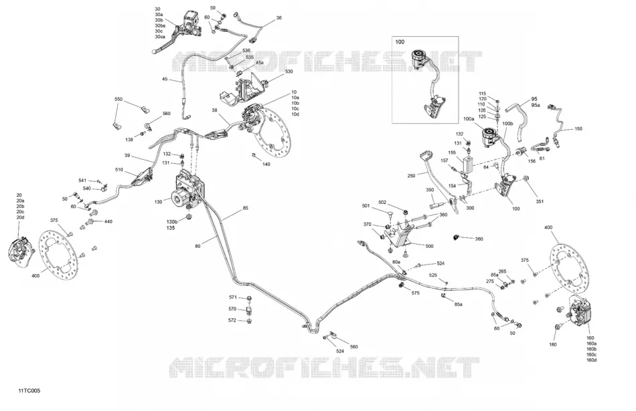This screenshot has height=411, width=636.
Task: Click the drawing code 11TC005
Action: [29, 391]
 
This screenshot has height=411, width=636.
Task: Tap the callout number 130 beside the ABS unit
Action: [158, 202]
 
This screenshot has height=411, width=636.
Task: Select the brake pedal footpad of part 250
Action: [426, 154]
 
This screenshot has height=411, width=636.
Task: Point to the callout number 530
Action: [289, 72]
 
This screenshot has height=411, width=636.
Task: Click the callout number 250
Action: [411, 176]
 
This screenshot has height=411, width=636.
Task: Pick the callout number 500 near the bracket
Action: [429, 246]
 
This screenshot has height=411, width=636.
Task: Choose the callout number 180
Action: [553, 345]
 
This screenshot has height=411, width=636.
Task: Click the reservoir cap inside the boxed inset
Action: [418, 54]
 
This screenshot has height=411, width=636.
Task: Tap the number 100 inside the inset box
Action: [400, 41]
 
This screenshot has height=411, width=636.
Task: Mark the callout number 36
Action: [279, 18]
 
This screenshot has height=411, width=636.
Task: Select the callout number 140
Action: [266, 164]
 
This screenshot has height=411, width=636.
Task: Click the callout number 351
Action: [540, 201]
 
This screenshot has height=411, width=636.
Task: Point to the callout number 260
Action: [479, 239]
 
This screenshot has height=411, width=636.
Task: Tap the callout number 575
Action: [415, 293]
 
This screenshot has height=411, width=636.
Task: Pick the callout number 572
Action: [232, 320]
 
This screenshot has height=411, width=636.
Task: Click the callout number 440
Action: [108, 221]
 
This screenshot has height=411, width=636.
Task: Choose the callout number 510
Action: [119, 170]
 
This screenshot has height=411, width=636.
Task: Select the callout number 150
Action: [578, 129]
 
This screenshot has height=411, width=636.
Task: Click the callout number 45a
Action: [260, 63]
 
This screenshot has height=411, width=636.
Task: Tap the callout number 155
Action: [453, 152]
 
